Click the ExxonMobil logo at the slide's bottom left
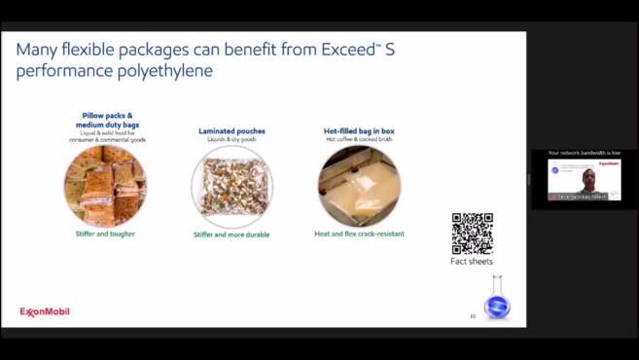45,312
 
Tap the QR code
472,234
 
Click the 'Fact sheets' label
472,262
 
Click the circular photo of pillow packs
105,186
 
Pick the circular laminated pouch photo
231,186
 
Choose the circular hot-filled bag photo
359,186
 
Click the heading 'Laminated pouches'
231,130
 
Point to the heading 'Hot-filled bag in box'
359,130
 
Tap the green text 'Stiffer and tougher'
105,234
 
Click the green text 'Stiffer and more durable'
231,234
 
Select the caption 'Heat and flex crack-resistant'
359,234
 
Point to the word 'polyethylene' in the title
160,71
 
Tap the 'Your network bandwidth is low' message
584,153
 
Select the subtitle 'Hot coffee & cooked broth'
359,139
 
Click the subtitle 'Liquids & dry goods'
231,139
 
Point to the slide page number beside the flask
473,315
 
